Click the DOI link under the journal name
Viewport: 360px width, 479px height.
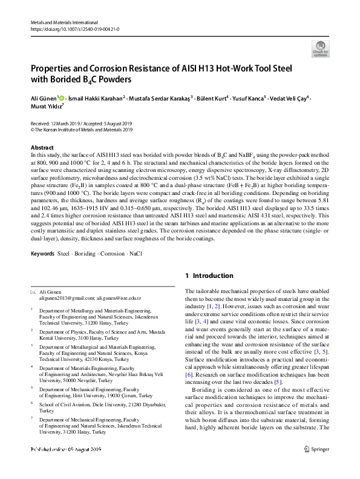point(74,28)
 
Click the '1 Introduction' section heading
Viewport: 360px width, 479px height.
point(209,276)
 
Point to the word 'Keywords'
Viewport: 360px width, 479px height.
point(42,253)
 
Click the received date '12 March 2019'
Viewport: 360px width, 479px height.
point(65,124)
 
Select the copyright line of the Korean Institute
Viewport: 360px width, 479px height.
point(81,130)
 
